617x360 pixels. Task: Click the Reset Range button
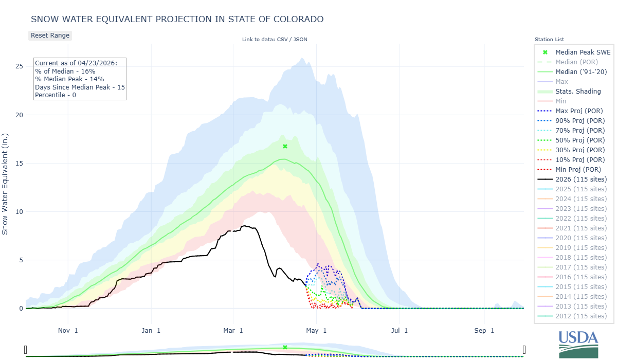coord(50,35)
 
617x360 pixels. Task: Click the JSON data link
coord(300,39)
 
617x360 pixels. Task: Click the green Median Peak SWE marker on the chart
coord(285,147)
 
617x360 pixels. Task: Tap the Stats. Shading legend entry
coord(578,91)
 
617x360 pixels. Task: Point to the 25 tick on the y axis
coord(19,66)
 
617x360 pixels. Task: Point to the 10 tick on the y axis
coord(19,212)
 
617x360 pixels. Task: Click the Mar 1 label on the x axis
coord(233,330)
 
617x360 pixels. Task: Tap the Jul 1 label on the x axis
coord(399,330)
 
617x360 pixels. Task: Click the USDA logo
coord(578,344)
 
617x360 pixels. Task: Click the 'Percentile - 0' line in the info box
coord(56,95)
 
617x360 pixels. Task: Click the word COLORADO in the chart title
coord(298,19)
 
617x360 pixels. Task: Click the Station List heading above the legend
coord(549,39)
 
